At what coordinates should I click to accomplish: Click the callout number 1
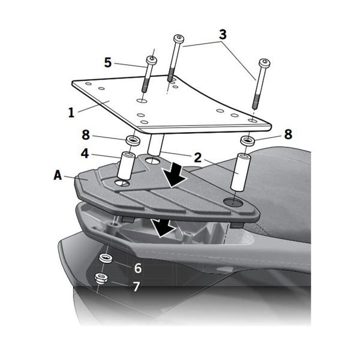(71, 112)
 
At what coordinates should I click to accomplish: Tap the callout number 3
(223, 34)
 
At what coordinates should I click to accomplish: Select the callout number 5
(107, 62)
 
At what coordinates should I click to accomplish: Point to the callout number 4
(85, 153)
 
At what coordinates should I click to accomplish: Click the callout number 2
(197, 158)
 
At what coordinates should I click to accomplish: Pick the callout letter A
(58, 175)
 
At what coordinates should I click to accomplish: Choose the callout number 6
(138, 268)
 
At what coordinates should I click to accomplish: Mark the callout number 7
(136, 286)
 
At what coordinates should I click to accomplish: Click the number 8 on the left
(86, 134)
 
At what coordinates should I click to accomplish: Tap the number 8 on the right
(288, 134)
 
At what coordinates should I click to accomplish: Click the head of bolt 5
(152, 61)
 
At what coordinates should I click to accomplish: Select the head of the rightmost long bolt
(265, 62)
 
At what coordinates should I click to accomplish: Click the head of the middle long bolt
(179, 38)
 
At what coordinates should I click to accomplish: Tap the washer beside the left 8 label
(133, 140)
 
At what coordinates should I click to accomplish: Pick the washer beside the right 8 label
(247, 141)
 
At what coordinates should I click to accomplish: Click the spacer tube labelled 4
(125, 166)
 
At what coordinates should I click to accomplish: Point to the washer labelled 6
(106, 258)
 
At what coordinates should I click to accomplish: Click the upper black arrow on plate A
(175, 175)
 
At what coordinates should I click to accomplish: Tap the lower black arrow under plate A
(163, 228)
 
